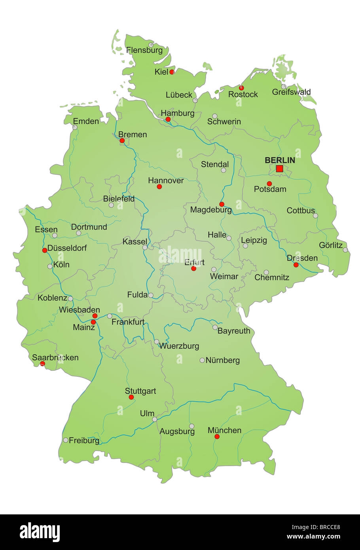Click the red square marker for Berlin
[x=279, y=169]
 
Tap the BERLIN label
[x=280, y=160]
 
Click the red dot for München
[x=217, y=437]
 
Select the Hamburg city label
[x=178, y=113]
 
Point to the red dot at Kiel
[x=172, y=72]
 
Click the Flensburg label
[x=144, y=50]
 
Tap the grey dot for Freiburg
[x=66, y=440]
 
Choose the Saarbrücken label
[x=55, y=357]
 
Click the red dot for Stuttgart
[x=131, y=397]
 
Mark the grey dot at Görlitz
[x=345, y=250]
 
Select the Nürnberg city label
[x=223, y=360]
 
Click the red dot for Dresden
[x=296, y=265]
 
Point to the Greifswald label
[x=292, y=92]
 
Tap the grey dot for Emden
[x=75, y=127]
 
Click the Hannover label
[x=166, y=180]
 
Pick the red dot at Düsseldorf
[x=44, y=250]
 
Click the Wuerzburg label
[x=179, y=346]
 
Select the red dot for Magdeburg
[x=222, y=204]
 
